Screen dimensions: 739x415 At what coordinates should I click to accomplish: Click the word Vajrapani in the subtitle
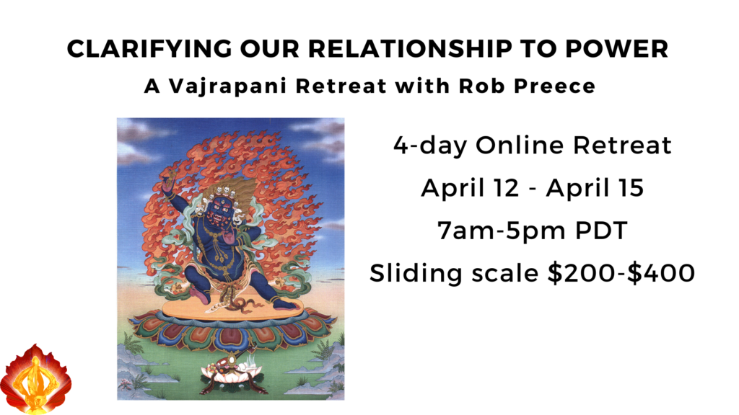coord(227,86)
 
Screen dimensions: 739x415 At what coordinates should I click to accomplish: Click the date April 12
coord(470,189)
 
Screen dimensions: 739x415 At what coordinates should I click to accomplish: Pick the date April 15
coord(595,189)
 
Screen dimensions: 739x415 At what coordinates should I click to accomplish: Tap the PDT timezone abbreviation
coord(601,231)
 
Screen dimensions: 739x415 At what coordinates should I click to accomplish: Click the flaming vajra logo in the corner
coord(35,379)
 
